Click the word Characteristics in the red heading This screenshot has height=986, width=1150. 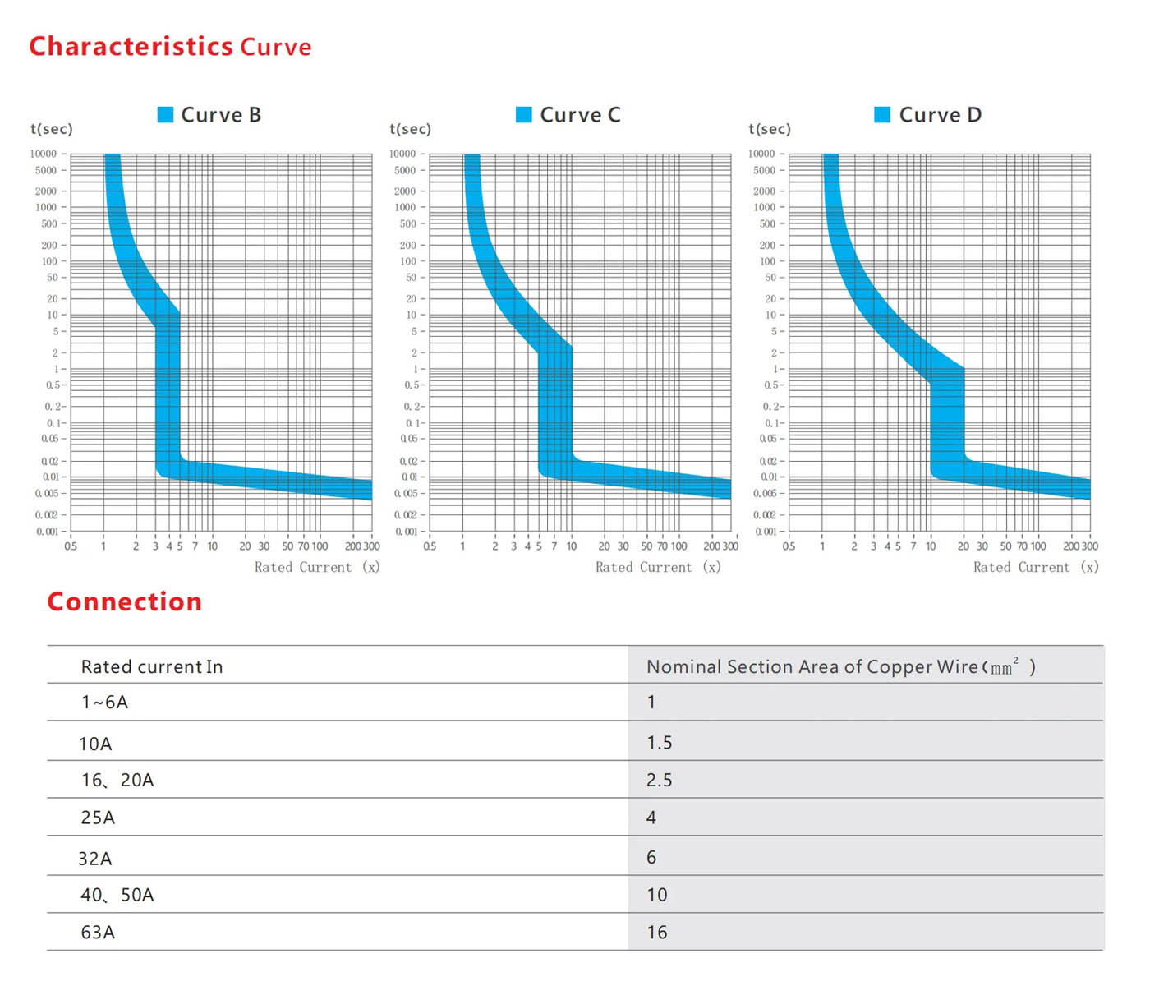[131, 46]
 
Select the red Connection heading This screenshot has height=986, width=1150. [125, 601]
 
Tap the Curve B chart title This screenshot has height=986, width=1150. [221, 115]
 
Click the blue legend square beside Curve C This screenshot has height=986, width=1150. [523, 114]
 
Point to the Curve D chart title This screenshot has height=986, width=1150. [940, 115]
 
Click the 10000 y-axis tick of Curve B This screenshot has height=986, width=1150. [44, 154]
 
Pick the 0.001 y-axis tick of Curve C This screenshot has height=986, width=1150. [407, 532]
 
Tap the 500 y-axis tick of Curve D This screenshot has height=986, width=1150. [767, 223]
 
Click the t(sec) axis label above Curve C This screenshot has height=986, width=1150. [410, 129]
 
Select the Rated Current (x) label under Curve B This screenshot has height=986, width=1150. [316, 567]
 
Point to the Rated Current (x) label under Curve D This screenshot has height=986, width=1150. [1035, 567]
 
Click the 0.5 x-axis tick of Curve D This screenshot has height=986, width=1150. [789, 546]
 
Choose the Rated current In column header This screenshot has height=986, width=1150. [152, 666]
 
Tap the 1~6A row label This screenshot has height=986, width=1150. [104, 702]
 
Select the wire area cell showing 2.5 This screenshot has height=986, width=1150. [659, 780]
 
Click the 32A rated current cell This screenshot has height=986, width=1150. [95, 859]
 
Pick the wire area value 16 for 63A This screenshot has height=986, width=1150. [657, 933]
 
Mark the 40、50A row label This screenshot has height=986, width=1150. [117, 895]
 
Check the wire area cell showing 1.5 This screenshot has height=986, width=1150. [659, 743]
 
